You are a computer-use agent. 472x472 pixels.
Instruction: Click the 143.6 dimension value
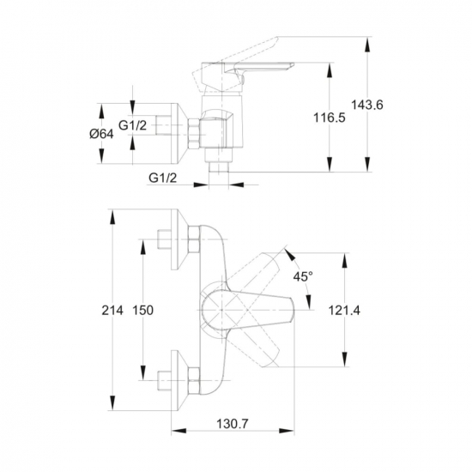(x=367, y=105)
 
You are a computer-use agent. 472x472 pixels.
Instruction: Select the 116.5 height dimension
(x=330, y=118)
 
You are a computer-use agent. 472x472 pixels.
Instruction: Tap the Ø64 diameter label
(x=102, y=134)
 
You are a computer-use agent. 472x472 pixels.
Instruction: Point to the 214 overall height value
(x=112, y=310)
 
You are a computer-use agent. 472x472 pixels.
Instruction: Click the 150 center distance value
(x=143, y=310)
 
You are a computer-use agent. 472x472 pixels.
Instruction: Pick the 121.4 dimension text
(x=344, y=310)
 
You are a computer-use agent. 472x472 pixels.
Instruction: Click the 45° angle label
(x=303, y=276)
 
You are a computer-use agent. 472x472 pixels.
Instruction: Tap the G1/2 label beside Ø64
(x=132, y=125)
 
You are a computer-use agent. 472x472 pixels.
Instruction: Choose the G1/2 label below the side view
(x=162, y=179)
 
